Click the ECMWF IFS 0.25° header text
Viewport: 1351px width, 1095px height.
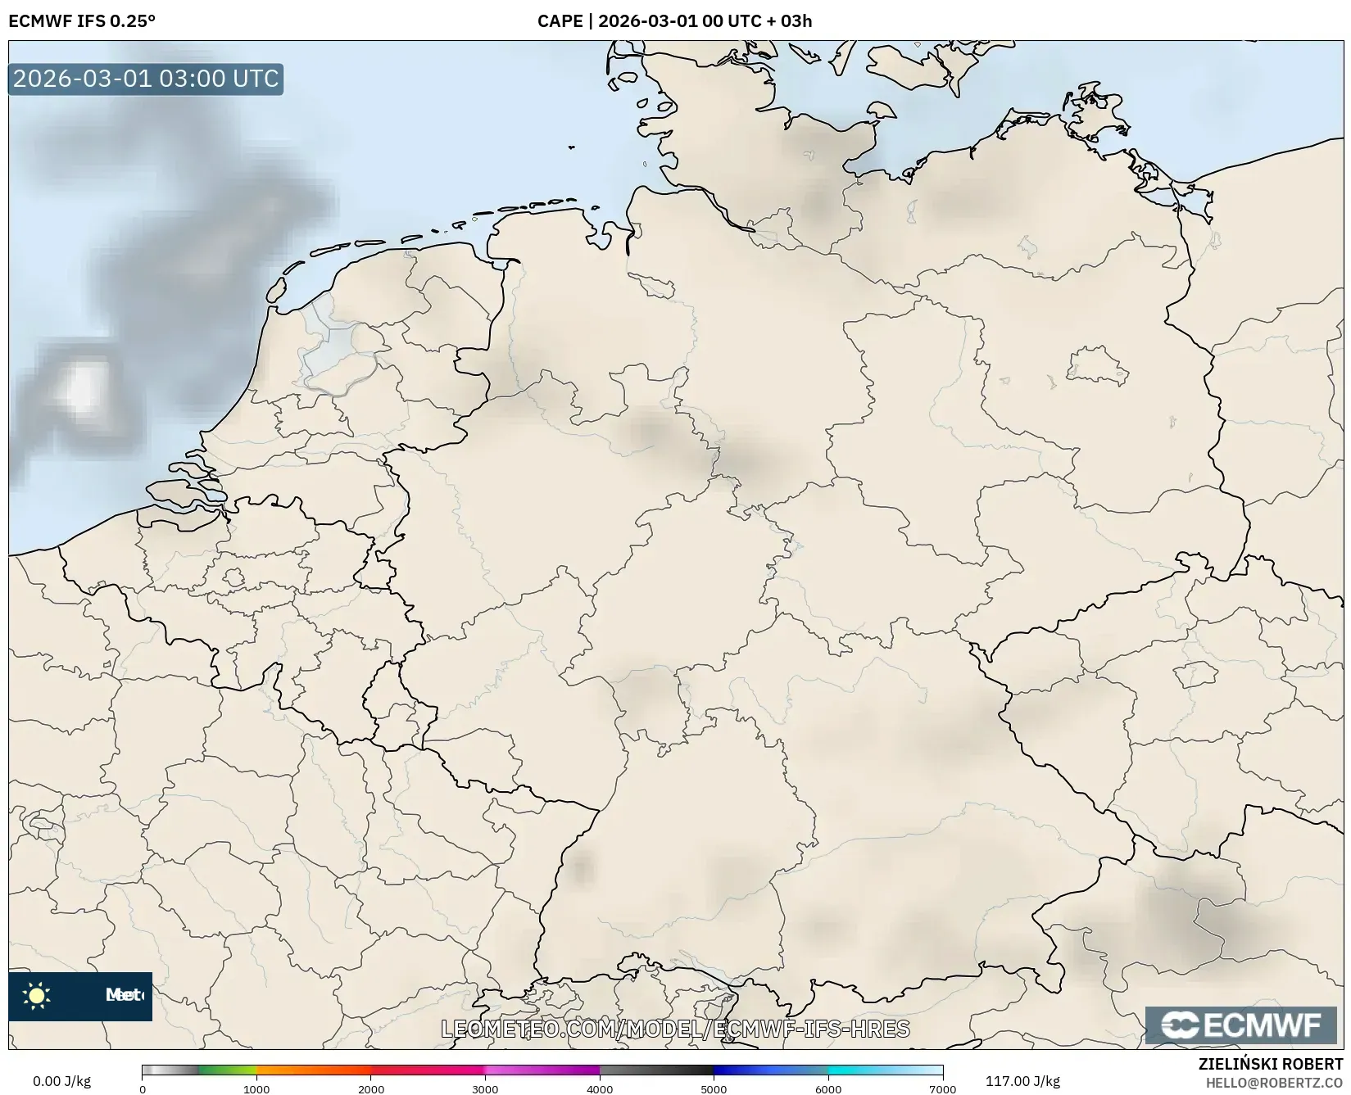pos(81,20)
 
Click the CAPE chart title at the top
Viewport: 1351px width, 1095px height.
pos(674,20)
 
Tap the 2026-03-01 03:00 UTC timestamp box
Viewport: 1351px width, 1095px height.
pos(146,79)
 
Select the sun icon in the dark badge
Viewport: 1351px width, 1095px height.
pos(37,996)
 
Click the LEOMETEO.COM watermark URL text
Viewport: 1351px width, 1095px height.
pos(675,1029)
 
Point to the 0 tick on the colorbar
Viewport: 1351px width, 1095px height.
pos(143,1088)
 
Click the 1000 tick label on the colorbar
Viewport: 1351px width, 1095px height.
pos(256,1088)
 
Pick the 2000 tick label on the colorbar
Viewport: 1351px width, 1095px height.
pos(371,1088)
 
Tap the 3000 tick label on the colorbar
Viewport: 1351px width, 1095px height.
pos(485,1088)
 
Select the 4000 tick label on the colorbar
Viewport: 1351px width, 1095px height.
pos(600,1088)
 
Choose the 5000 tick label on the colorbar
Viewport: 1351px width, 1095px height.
pos(714,1088)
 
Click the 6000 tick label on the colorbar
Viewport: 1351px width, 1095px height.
pos(828,1088)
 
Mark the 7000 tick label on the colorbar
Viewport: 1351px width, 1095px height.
pos(942,1088)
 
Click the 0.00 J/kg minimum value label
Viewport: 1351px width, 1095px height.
pos(62,1080)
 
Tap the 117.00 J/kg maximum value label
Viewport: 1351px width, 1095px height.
pos(1022,1080)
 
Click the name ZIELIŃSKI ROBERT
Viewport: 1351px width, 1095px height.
pos(1270,1065)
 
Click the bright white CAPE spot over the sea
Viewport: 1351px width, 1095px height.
pos(80,388)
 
